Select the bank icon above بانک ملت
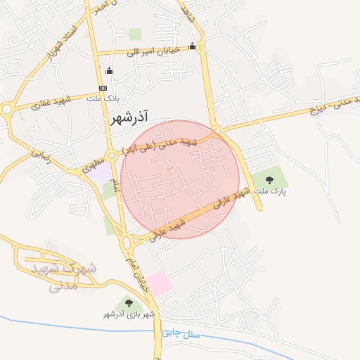click(x=103, y=88)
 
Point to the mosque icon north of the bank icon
click(x=109, y=70)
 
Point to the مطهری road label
click(x=91, y=167)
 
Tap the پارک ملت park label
click(x=271, y=190)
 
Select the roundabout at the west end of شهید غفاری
click(x=7, y=110)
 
